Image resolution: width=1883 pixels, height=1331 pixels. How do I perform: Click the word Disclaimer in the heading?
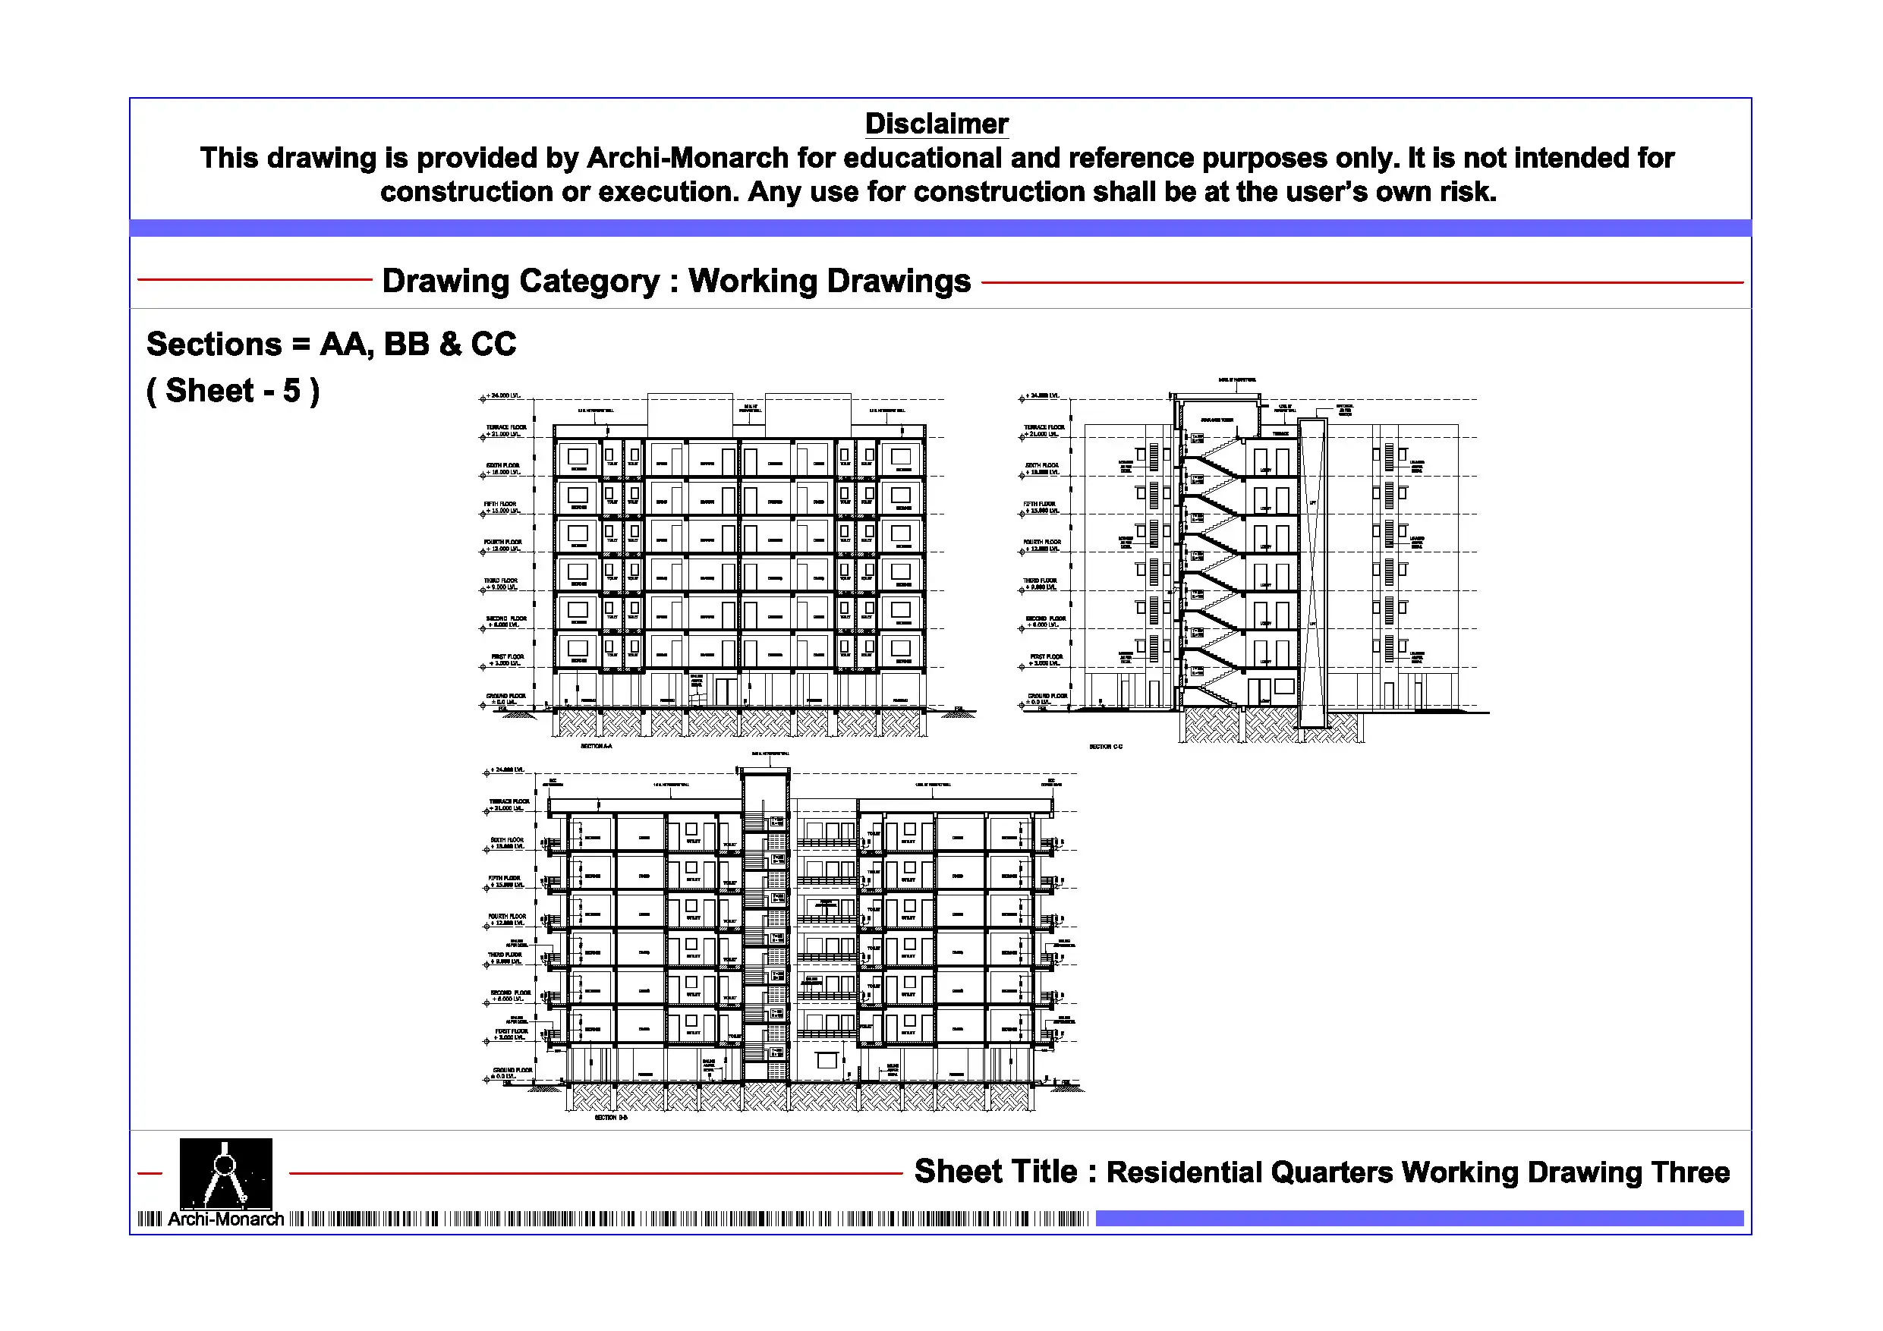point(936,124)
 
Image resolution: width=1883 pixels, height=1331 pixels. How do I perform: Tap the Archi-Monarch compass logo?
point(225,1172)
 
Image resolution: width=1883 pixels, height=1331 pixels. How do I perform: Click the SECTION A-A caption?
point(597,746)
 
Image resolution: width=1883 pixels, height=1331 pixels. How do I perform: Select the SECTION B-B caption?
point(611,1118)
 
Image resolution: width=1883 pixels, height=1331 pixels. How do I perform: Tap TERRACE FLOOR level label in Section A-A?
point(506,427)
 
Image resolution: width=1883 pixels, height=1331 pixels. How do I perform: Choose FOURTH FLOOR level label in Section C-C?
point(1041,542)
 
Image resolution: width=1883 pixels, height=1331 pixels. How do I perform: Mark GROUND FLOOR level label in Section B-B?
point(512,1070)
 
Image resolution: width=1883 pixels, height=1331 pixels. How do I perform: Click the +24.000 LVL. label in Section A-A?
point(502,396)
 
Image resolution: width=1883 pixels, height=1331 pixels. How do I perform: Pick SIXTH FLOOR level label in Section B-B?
point(507,840)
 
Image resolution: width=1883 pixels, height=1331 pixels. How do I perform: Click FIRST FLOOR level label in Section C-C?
point(1046,657)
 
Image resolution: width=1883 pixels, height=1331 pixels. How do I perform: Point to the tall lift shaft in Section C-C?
point(1312,574)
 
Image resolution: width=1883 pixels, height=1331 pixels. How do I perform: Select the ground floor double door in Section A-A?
point(726,691)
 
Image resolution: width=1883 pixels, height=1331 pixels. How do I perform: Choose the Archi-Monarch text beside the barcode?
point(225,1219)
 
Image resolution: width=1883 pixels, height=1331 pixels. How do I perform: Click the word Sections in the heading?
point(214,345)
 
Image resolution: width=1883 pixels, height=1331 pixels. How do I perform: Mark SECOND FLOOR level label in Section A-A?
point(506,619)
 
